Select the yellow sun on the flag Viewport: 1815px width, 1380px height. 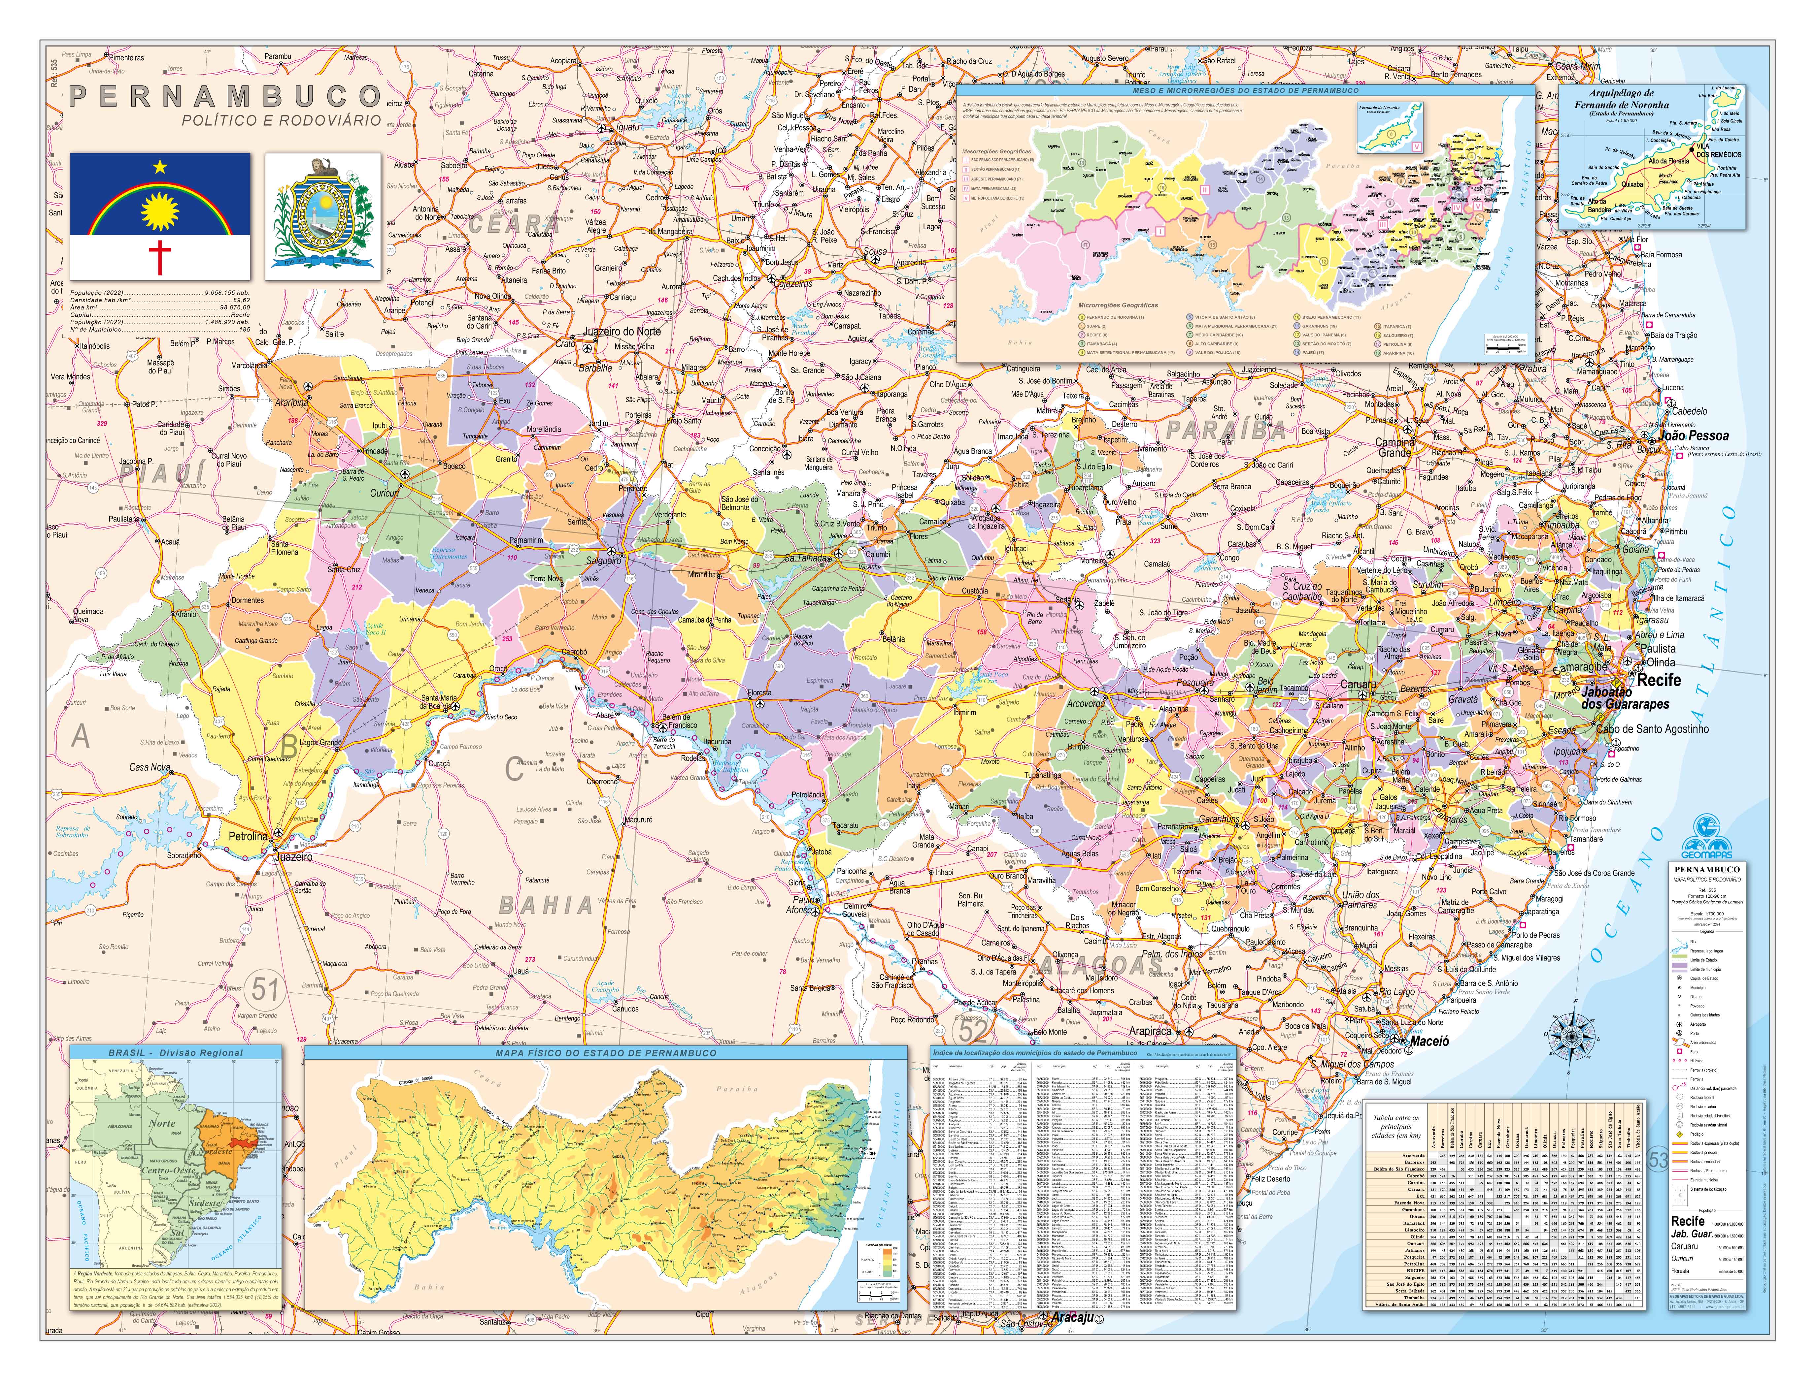point(160,212)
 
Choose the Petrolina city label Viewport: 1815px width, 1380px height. point(247,836)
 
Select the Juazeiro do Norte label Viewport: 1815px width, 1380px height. point(621,331)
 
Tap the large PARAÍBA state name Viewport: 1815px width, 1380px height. point(1226,431)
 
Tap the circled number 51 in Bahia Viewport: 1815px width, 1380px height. point(265,989)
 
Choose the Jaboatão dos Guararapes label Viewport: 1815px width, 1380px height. point(1625,698)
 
